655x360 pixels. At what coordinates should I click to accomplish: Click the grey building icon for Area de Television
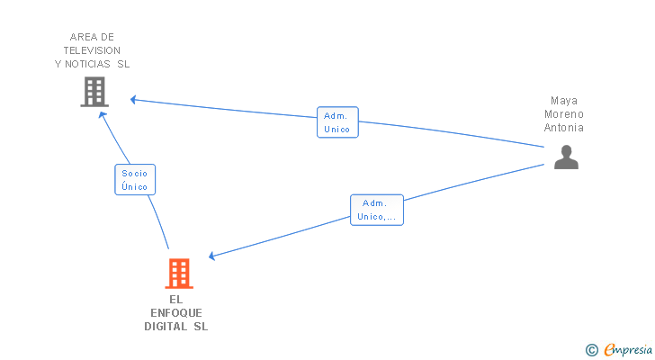(94, 92)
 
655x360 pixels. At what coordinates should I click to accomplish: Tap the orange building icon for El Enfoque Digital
(179, 273)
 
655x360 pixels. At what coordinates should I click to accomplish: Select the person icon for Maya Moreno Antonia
(566, 157)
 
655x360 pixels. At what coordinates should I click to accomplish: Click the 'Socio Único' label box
(135, 180)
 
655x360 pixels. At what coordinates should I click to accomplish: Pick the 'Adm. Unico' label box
(337, 122)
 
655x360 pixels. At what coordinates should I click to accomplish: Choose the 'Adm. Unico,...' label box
(376, 210)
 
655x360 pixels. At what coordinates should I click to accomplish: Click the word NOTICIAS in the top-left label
(88, 64)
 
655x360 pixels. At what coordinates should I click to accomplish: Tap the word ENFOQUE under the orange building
(176, 312)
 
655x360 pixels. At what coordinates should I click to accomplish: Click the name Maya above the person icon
(564, 101)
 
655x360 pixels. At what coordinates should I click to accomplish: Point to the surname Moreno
(564, 114)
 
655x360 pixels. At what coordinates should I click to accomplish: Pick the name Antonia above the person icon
(564, 128)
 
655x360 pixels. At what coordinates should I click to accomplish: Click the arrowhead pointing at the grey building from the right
(133, 100)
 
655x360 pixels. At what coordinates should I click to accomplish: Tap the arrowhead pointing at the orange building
(212, 256)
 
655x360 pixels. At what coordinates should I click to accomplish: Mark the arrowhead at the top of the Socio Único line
(102, 115)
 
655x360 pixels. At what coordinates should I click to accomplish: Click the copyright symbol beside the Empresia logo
(591, 350)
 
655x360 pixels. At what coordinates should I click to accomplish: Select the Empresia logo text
(626, 350)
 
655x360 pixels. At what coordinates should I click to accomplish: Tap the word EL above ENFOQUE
(175, 299)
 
